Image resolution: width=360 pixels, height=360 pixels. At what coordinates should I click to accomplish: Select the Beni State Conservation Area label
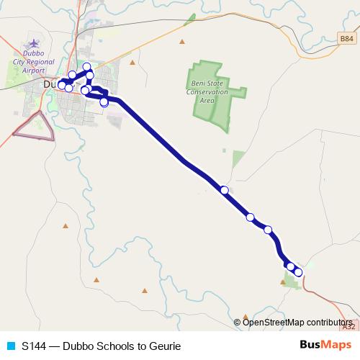coord(207,92)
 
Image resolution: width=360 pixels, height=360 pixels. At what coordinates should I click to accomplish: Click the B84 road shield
coord(346,40)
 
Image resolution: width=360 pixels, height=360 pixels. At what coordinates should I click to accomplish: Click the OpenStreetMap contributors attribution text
coord(298,322)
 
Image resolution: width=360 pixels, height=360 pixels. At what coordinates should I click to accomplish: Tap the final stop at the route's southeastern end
coord(298,272)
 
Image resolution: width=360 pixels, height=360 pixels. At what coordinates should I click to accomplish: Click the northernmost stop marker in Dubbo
coord(87,67)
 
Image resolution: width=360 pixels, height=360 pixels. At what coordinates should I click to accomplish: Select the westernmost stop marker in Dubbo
coord(61,85)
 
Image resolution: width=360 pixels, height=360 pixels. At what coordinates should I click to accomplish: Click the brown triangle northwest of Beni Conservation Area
coord(182,40)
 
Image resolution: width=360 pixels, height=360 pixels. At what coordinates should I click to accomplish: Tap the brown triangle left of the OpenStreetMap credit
coord(246,315)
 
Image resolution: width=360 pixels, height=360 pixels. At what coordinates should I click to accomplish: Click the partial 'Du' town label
coord(50,84)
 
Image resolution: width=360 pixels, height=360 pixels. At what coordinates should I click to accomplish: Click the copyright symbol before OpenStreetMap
coord(238,322)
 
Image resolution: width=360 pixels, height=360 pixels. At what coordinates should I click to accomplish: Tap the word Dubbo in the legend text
coord(78,346)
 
